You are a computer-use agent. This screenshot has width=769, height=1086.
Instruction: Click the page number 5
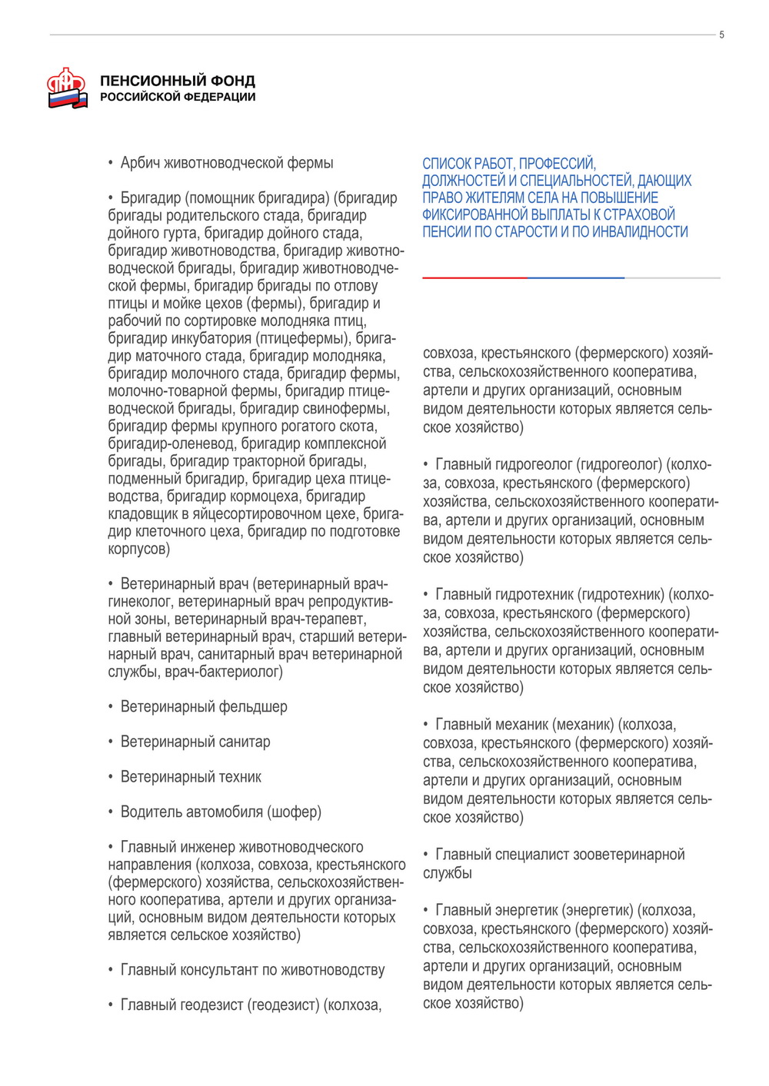click(x=721, y=35)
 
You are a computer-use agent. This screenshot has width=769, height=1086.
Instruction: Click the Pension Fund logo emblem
click(x=67, y=88)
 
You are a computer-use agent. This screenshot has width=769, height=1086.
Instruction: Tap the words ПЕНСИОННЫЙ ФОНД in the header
click(x=178, y=81)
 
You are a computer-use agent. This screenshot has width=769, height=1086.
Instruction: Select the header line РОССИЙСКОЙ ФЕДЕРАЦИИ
click(x=178, y=97)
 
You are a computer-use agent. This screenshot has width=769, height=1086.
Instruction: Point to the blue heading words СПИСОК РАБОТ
click(x=470, y=164)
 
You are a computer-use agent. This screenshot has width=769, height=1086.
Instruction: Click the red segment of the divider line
click(x=473, y=277)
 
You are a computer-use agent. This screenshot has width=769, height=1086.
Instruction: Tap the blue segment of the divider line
click(x=575, y=277)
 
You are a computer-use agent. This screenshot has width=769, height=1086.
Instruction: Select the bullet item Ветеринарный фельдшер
click(x=204, y=707)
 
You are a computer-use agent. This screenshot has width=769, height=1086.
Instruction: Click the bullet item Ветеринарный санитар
click(x=195, y=742)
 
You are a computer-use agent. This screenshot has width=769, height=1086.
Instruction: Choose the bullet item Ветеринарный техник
click(x=191, y=777)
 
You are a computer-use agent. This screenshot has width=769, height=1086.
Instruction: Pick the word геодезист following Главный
click(x=205, y=1005)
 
